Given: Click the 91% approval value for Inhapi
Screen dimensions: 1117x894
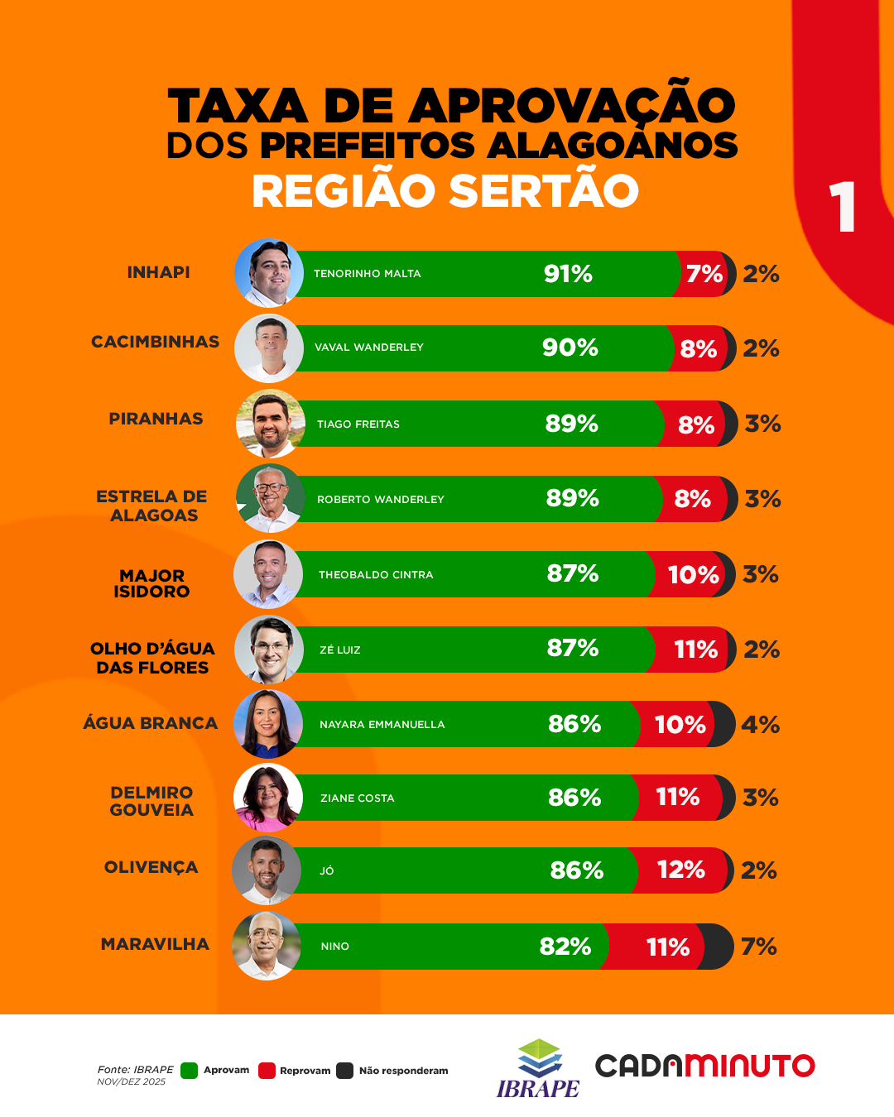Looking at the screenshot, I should point(568,274).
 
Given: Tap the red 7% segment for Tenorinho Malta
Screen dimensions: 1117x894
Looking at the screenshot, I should point(704,274).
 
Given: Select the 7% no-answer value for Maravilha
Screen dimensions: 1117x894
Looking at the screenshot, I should point(758,947).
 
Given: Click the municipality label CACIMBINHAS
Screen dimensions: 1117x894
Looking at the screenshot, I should point(156,342).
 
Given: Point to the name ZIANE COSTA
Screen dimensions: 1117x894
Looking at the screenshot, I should point(358,798).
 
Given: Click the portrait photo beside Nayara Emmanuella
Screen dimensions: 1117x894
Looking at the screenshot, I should point(268,724).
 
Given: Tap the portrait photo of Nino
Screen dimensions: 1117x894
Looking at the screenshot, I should point(267,947).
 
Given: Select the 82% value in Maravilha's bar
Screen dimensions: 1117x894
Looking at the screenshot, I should point(565,947).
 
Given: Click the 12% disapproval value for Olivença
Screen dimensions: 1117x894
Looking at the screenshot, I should point(680,870).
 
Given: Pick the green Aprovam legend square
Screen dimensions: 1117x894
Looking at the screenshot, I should point(190,1071).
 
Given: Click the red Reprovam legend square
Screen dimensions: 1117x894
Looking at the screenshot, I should point(267,1071).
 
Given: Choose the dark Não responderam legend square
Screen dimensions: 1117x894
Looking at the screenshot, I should point(345,1071).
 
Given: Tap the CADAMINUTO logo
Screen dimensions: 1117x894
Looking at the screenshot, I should point(704,1066).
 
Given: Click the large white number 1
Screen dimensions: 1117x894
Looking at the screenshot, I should point(842,207).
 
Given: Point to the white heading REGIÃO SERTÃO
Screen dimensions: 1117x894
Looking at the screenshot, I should point(445,191).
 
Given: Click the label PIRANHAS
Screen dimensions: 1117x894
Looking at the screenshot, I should point(156,419).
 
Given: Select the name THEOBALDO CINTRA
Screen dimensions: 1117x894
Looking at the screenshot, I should point(376,575).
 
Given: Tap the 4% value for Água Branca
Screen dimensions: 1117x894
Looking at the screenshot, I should point(760,725).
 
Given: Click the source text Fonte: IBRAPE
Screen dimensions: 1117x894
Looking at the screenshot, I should point(136,1070).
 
